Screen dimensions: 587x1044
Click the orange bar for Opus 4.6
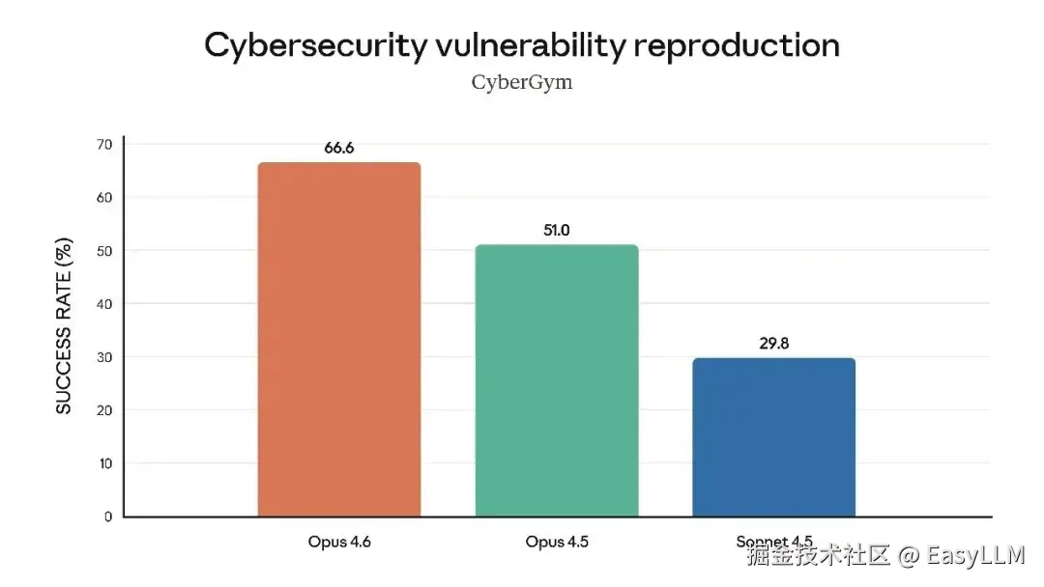[338, 339]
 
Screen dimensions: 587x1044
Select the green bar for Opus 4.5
[557, 380]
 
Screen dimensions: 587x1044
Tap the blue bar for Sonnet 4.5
[774, 436]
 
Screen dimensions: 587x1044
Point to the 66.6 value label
[339, 148]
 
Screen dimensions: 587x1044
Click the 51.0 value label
[557, 231]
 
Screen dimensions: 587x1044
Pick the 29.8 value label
[774, 343]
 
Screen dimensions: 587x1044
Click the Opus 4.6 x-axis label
[339, 542]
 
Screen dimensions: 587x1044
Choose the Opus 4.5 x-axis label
[557, 542]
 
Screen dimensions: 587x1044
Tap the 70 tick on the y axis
[103, 145]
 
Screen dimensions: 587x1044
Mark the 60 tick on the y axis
[103, 198]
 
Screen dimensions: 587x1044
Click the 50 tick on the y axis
[103, 251]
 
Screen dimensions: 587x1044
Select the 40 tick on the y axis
[103, 304]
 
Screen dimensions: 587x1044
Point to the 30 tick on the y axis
[103, 357]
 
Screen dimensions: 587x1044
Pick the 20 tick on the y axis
[103, 410]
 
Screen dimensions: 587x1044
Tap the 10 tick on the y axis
[103, 463]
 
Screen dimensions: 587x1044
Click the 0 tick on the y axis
[107, 517]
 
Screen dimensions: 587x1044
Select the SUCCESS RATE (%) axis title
[64, 325]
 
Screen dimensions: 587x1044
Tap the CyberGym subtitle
[522, 82]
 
